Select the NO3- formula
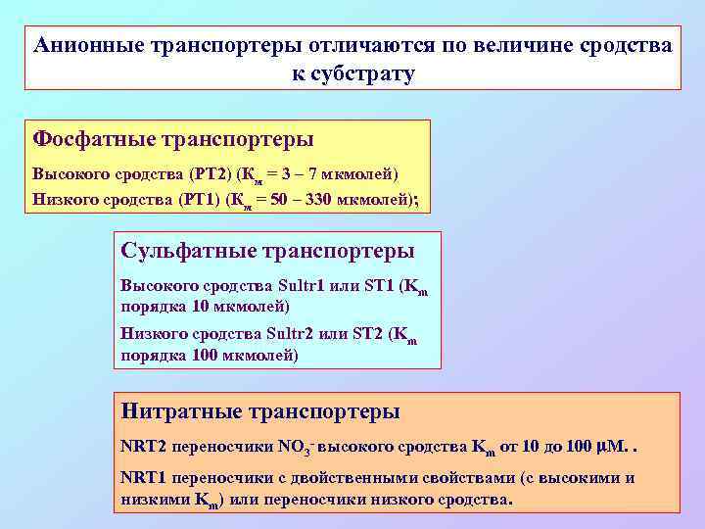(x=295, y=447)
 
